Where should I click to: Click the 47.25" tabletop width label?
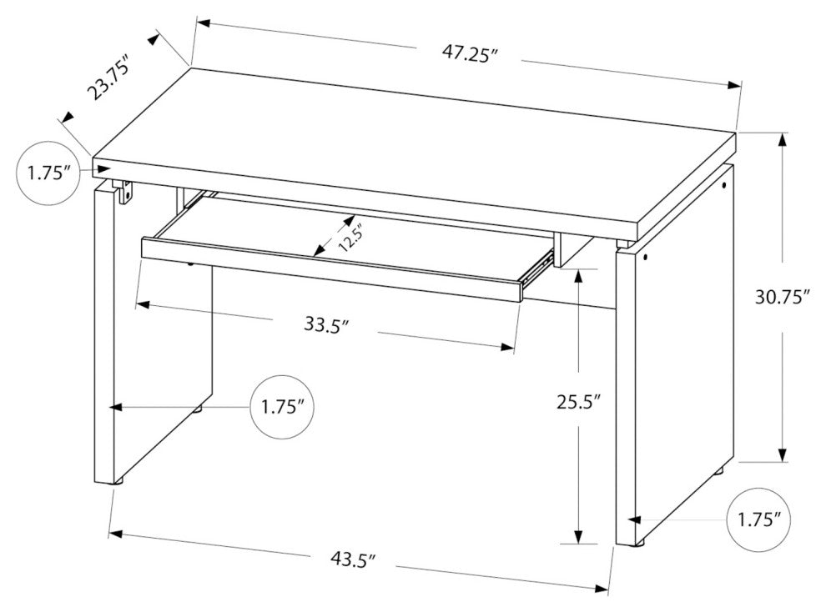click(470, 54)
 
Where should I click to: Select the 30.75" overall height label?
click(783, 298)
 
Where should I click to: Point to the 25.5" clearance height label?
click(579, 402)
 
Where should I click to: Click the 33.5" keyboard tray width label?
click(326, 324)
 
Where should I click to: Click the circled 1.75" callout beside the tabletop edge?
click(48, 173)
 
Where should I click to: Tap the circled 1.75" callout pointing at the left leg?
click(282, 407)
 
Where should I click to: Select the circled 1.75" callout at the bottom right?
click(758, 520)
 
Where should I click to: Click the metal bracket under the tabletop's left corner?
click(125, 192)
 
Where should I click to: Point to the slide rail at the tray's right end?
click(536, 268)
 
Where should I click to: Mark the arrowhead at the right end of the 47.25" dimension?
click(734, 86)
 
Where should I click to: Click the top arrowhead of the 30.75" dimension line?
click(783, 141)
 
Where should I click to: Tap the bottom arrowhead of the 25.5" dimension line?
click(578, 535)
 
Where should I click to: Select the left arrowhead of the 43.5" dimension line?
click(115, 534)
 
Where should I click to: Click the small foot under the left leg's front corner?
click(118, 480)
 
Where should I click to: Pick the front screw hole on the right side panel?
click(646, 258)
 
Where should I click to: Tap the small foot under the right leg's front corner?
click(641, 543)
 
